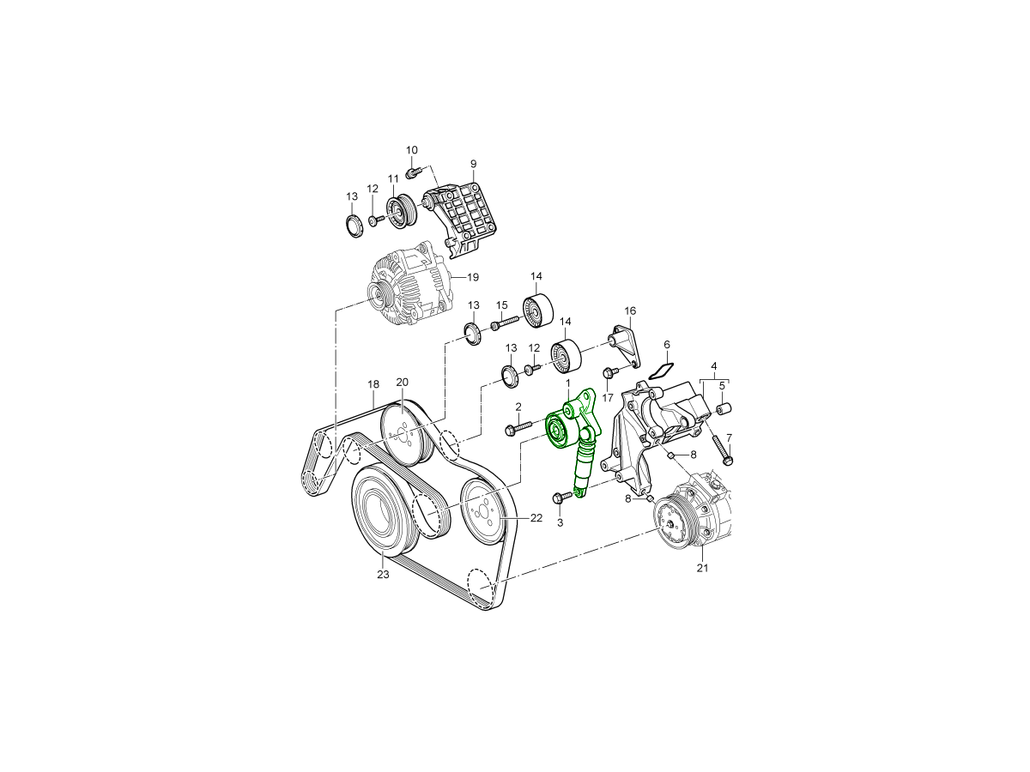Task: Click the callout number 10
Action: pos(411,150)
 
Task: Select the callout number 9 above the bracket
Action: pos(474,164)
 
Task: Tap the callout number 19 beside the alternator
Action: pos(473,277)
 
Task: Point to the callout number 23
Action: pos(384,574)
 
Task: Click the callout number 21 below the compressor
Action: pos(702,568)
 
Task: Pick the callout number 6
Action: pos(667,345)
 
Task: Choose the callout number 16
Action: pos(630,311)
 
